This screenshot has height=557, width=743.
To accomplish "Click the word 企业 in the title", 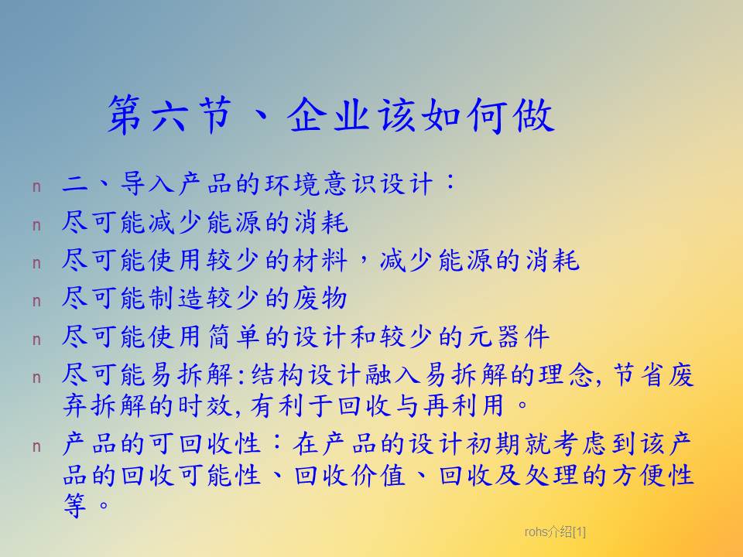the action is point(328,115).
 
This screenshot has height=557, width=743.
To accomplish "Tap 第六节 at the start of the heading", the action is point(169,115).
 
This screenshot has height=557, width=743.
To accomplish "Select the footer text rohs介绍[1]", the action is point(555,532).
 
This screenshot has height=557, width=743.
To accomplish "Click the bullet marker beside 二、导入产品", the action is point(36,187).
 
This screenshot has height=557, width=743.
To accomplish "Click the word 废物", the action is point(320,299).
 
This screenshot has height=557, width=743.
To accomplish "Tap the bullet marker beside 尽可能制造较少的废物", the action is point(36,301).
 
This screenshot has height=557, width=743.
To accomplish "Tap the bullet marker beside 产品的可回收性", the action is point(36,446).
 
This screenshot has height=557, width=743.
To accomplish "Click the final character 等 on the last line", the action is point(75,505).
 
